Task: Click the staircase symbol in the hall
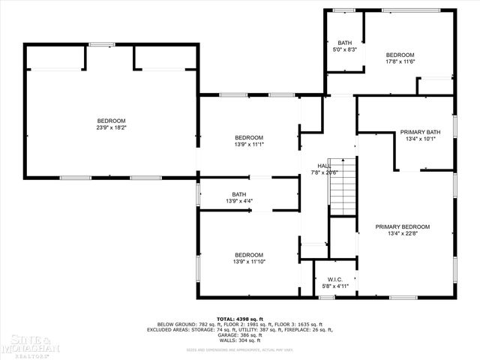341,185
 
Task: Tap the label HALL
323,166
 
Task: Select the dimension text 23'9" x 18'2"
111,128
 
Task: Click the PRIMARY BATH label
420,132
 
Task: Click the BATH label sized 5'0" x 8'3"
344,43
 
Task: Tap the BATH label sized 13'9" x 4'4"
238,194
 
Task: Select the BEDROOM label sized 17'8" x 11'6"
400,55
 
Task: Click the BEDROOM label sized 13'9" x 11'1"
249,137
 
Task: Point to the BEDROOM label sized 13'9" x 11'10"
249,254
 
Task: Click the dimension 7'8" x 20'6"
325,172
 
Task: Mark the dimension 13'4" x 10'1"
420,139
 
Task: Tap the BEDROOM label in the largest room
111,121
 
